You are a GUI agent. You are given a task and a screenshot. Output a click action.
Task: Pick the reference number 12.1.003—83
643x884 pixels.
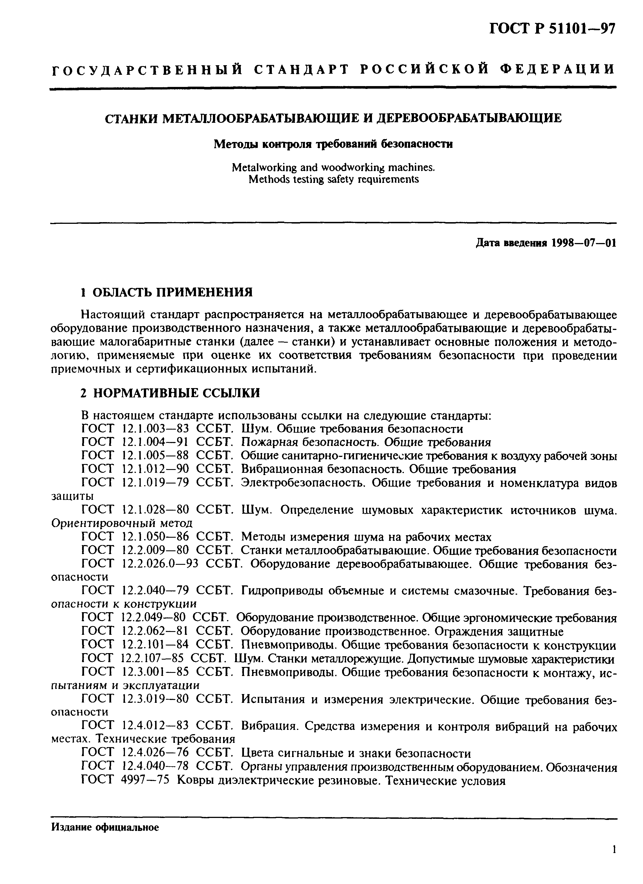pos(155,429)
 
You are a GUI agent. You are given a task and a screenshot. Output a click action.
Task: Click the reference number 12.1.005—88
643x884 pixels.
pos(155,456)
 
